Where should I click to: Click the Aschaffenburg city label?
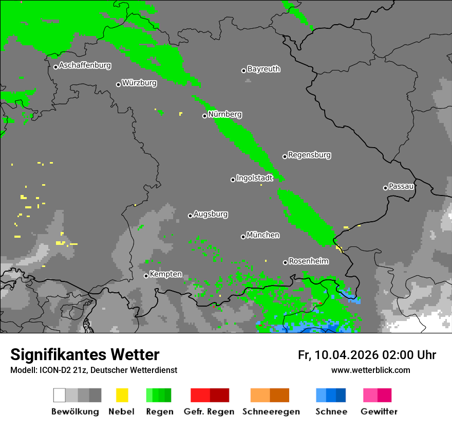(85, 66)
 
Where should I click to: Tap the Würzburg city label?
(139, 83)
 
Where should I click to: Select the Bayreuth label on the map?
(263, 69)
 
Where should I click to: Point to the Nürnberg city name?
(225, 114)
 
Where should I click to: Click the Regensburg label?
(309, 155)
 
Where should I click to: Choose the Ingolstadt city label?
(254, 178)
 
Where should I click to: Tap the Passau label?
(401, 186)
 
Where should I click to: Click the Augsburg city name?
(211, 214)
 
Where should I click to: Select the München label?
(263, 235)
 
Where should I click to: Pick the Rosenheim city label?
(308, 261)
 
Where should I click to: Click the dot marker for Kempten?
(146, 276)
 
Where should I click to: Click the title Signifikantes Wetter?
(85, 355)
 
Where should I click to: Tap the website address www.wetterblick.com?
(370, 370)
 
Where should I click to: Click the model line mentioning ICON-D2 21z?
(93, 370)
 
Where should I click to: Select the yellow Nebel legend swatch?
(122, 395)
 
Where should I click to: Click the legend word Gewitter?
(379, 412)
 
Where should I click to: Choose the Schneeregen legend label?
(271, 412)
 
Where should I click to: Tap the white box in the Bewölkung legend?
(59, 395)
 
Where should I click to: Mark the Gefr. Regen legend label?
(209, 412)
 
